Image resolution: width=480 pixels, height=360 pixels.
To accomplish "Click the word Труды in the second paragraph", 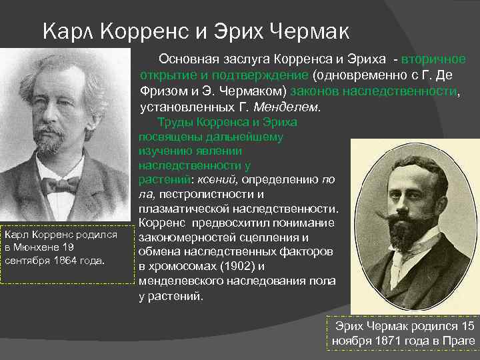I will pyautogui.click(x=173, y=123).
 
